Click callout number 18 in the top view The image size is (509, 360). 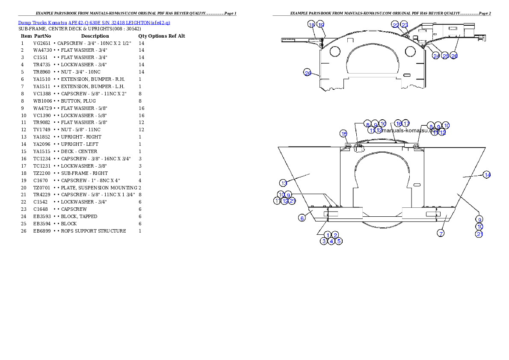[311, 25]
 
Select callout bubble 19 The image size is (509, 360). [320, 25]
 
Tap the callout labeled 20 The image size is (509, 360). [308, 73]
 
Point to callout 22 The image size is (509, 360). [396, 25]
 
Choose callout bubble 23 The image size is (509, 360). [404, 25]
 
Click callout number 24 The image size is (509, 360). [436, 56]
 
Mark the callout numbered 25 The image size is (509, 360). [445, 56]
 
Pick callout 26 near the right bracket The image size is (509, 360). [454, 56]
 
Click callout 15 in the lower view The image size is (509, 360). [344, 133]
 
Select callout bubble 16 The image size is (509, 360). [398, 124]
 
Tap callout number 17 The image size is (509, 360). [405, 124]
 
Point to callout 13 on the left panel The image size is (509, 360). [284, 183]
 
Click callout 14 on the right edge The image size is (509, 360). [487, 174]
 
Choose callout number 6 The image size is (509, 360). [302, 218]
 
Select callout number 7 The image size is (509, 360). [441, 233]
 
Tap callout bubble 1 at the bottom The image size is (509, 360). [328, 235]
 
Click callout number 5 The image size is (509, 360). [338, 241]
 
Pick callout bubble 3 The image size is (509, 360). [324, 241]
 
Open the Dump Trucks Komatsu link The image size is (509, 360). [94, 22]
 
